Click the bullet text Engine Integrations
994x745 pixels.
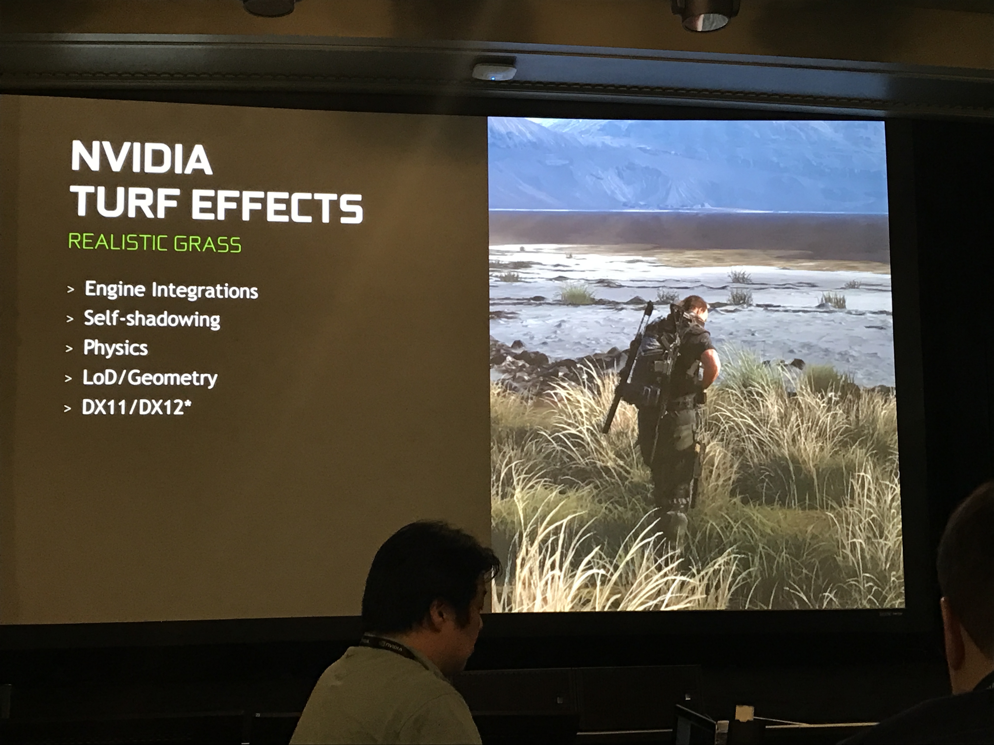pos(171,290)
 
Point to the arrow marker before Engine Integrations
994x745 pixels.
pos(71,289)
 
